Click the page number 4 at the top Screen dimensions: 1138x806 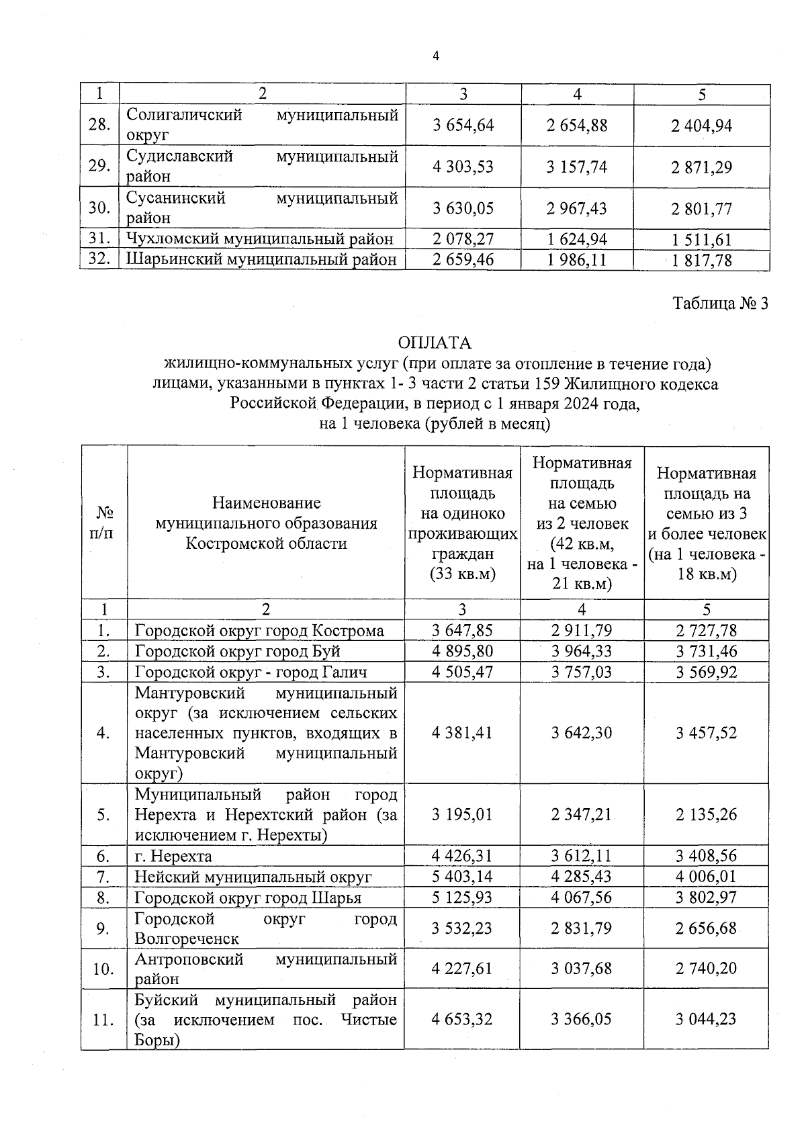435,57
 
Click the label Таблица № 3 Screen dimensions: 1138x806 720,304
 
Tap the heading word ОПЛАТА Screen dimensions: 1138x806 435,343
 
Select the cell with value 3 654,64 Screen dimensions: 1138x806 463,126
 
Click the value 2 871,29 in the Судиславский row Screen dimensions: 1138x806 701,167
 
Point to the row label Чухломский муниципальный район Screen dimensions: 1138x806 260,239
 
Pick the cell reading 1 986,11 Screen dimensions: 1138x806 577,260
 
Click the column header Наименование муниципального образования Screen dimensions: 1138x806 266,523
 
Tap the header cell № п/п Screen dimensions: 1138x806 103,523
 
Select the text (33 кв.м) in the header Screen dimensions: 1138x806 462,574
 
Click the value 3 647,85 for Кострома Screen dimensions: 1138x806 462,631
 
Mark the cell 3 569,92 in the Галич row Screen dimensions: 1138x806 706,672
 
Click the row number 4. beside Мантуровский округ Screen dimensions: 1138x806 103,733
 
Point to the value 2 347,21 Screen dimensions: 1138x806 582,815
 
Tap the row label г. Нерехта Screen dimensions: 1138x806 173,857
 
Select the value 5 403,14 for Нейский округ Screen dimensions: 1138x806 462,877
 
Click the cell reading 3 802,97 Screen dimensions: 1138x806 706,898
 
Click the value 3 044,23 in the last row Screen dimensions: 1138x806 706,1020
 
